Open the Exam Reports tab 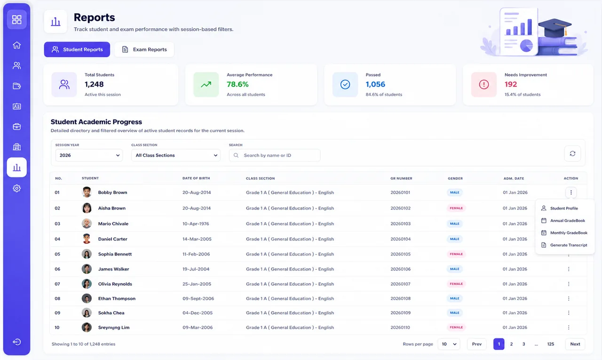pyautogui.click(x=144, y=49)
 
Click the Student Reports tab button pyautogui.click(x=77, y=49)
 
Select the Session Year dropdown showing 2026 pyautogui.click(x=89, y=155)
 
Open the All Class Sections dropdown pyautogui.click(x=176, y=155)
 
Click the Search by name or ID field pyautogui.click(x=274, y=155)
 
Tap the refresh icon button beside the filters pyautogui.click(x=572, y=153)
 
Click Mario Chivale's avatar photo pyautogui.click(x=87, y=224)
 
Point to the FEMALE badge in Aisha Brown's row pyautogui.click(x=456, y=208)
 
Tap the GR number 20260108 pyautogui.click(x=400, y=298)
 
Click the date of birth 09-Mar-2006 pyautogui.click(x=198, y=328)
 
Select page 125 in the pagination pyautogui.click(x=551, y=344)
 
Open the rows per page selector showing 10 pyautogui.click(x=449, y=344)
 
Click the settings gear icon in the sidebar pyautogui.click(x=16, y=188)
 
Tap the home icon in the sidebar pyautogui.click(x=16, y=45)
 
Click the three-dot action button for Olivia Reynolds pyautogui.click(x=569, y=284)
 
